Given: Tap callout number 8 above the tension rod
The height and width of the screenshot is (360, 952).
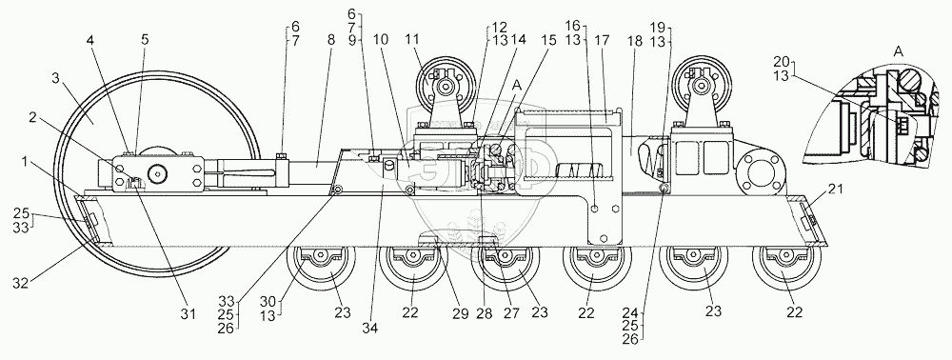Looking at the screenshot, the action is [330, 41].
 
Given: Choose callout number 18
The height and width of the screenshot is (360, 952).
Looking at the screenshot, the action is [634, 41].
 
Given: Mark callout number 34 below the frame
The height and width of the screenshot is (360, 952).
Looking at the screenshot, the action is [369, 329].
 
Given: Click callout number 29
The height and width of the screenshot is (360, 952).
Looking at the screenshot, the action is [460, 314].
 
